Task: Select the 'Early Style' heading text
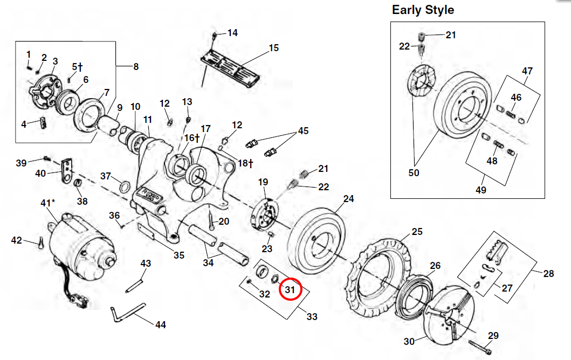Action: pos(423,10)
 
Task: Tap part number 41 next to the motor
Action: pos(47,203)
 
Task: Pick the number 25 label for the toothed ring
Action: pos(417,232)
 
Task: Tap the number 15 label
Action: pos(273,49)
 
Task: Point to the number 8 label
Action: pos(135,67)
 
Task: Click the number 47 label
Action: pos(527,71)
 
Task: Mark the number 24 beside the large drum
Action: pos(348,199)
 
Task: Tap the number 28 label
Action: pos(548,274)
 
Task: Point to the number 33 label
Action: pos(312,317)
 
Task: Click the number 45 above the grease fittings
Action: pos(304,130)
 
